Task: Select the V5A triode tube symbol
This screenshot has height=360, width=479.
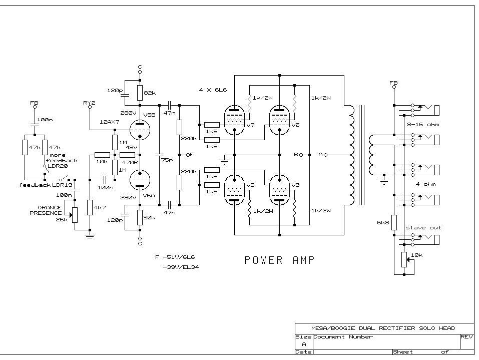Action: (x=140, y=179)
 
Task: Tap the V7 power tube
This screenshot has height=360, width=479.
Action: (x=234, y=120)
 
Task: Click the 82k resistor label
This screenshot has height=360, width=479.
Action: (x=150, y=94)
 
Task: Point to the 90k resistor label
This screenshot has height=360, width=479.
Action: (x=150, y=218)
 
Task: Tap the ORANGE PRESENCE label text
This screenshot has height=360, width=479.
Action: (x=49, y=210)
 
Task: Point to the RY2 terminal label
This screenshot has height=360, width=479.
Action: (x=89, y=103)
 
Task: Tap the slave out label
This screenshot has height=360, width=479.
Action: (x=423, y=228)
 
